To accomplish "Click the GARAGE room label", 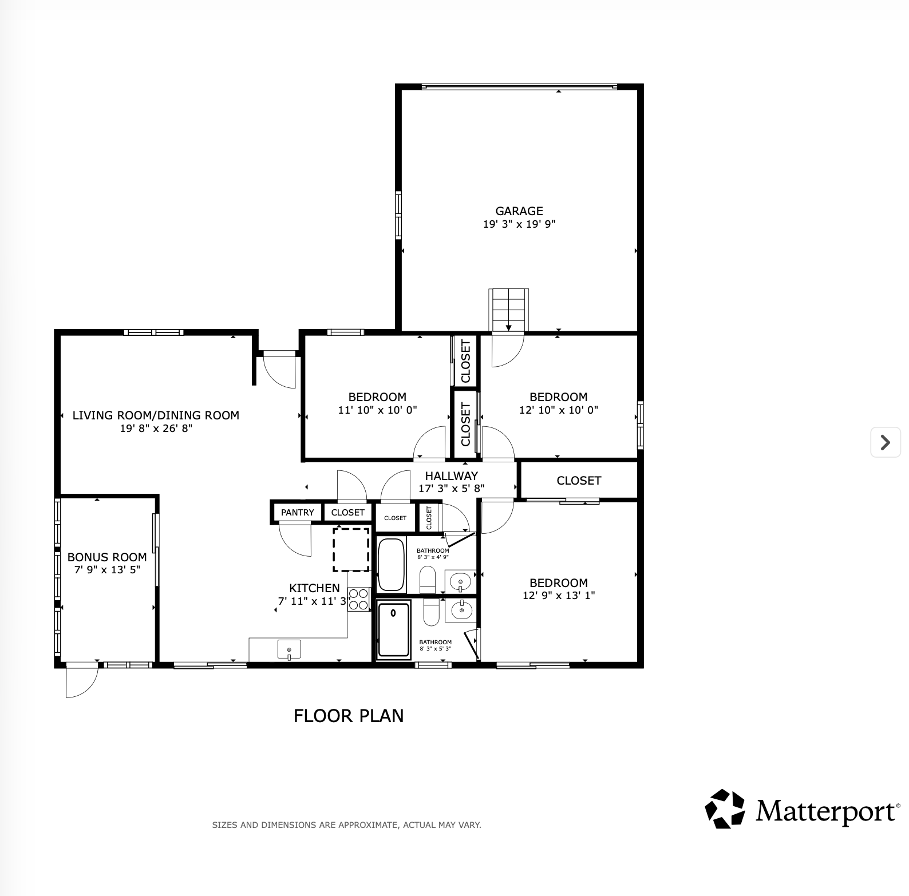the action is (x=519, y=211).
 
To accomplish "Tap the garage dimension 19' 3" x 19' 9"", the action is (x=519, y=224).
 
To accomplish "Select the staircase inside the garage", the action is (x=508, y=310).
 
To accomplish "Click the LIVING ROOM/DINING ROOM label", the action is (x=156, y=415).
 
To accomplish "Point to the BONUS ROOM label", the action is (x=107, y=557).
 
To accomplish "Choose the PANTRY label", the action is (x=298, y=513).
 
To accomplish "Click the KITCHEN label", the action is (x=314, y=588).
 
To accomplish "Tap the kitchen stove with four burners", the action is (x=359, y=600).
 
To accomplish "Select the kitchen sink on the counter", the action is (x=289, y=650).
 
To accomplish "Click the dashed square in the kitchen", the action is (x=351, y=550).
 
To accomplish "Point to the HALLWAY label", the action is (x=451, y=476).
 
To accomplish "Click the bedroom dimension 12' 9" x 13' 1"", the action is (x=559, y=596).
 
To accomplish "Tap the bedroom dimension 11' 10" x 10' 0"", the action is (x=377, y=410).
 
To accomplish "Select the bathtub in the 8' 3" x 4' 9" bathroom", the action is (x=392, y=565).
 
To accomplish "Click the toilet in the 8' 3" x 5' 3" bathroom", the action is (x=431, y=612).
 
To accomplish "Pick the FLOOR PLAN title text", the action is (x=349, y=716).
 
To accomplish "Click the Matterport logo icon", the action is (x=725, y=808).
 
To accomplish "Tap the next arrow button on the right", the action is (x=886, y=442).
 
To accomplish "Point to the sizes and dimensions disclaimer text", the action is (x=347, y=825).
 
